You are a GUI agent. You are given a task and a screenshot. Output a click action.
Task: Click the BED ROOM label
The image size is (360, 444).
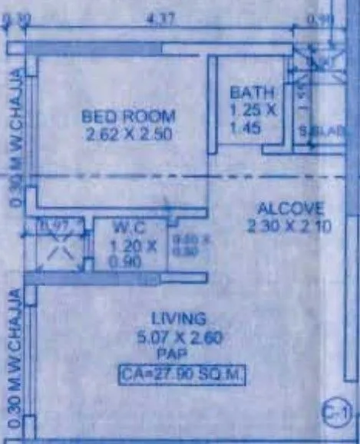[129, 117]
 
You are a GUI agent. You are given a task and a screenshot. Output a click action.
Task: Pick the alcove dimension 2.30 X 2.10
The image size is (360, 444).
[281, 225]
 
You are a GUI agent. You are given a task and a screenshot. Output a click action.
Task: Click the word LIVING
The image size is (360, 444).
[178, 318]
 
